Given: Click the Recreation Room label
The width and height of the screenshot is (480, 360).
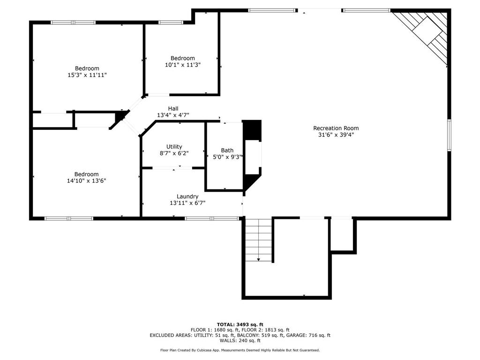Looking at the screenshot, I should click(x=336, y=128).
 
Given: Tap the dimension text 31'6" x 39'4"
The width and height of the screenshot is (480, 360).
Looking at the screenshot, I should click(x=336, y=135).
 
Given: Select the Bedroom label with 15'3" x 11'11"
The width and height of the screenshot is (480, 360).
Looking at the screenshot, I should click(x=87, y=68).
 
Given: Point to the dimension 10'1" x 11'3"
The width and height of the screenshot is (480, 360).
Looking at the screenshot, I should click(x=182, y=65).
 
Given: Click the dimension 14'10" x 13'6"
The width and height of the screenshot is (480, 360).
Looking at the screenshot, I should click(x=87, y=180).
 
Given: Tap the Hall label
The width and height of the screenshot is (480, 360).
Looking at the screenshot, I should click(x=173, y=108).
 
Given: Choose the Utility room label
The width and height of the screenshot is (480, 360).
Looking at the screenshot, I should click(x=174, y=147).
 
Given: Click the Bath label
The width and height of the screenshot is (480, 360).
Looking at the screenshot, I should click(x=227, y=150).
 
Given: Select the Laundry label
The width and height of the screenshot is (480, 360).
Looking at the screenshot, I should click(x=187, y=196).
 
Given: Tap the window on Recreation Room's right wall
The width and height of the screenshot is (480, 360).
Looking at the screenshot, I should click(x=449, y=135).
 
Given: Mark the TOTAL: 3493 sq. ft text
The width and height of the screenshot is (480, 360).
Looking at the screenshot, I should click(x=240, y=324).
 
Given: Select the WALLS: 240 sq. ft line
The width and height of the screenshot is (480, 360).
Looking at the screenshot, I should click(x=240, y=341).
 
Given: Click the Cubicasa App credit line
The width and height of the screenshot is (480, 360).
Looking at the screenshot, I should click(x=240, y=350).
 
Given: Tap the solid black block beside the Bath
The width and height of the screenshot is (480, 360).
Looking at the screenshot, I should click(x=252, y=130).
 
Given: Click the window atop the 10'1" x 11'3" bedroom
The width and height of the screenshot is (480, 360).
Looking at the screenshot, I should click(x=171, y=22).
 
